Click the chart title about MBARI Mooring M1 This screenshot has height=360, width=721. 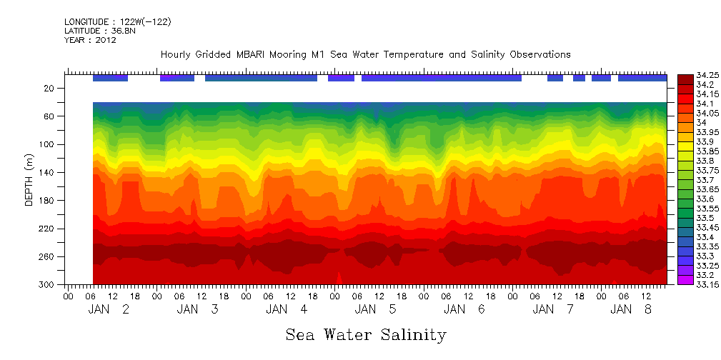[365, 54]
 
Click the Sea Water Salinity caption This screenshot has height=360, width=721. [366, 334]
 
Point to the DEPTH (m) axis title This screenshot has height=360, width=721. [29, 183]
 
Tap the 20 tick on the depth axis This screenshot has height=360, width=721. [51, 89]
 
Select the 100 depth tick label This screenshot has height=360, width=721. [49, 144]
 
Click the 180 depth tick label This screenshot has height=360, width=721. [49, 201]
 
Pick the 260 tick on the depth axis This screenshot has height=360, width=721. [49, 256]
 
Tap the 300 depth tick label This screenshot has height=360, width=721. [49, 284]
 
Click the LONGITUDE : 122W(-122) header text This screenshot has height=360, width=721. [117, 22]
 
